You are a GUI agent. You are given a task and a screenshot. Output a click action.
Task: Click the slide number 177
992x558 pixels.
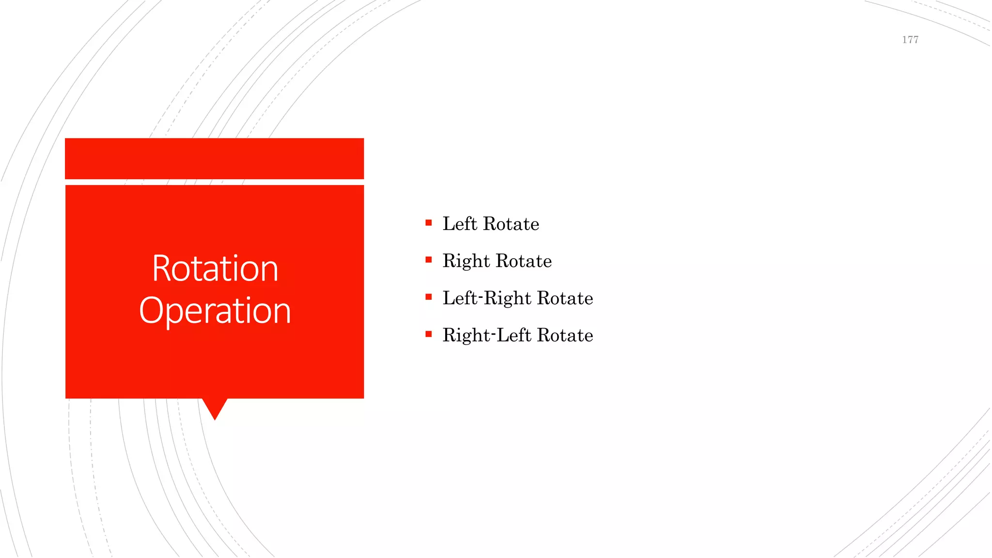[910, 40]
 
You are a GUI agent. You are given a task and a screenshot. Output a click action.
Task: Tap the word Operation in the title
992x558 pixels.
[215, 310]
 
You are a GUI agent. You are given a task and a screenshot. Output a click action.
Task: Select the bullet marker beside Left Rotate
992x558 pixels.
[429, 223]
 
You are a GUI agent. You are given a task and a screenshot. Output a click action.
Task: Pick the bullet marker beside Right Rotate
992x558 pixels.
[429, 260]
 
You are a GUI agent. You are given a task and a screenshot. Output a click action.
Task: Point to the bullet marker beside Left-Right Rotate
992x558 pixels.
[429, 297]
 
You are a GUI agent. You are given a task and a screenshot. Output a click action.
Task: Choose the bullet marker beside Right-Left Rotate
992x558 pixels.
[429, 334]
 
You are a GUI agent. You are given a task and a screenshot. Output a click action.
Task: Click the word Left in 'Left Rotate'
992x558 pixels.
[460, 224]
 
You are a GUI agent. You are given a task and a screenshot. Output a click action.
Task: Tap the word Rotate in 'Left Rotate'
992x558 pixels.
[511, 224]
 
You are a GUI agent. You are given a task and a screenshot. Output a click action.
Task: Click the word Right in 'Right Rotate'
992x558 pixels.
[466, 261]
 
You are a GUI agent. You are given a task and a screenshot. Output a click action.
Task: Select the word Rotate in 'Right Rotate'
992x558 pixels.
[524, 261]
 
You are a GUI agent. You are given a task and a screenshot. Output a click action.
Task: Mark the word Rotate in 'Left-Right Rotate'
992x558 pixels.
[565, 298]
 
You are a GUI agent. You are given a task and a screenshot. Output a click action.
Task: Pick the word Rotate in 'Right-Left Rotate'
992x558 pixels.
[565, 336]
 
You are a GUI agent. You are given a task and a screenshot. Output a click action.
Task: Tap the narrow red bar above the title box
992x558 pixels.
[215, 158]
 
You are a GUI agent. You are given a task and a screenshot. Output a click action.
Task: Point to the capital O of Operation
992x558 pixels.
[150, 310]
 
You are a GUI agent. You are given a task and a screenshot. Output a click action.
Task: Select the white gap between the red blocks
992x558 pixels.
[215, 182]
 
